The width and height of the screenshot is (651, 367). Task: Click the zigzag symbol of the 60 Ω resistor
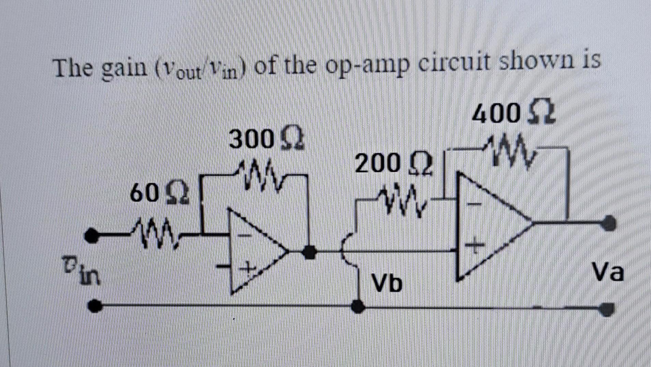155,235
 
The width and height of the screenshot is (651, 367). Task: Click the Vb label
387,283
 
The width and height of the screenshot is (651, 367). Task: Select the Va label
608,272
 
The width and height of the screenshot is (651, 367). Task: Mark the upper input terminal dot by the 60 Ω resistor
91,235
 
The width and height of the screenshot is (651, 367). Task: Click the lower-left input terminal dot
95,306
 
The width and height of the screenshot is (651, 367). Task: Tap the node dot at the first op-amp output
310,252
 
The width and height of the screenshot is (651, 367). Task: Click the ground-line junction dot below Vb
358,306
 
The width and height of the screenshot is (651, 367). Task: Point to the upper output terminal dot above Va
608,224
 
